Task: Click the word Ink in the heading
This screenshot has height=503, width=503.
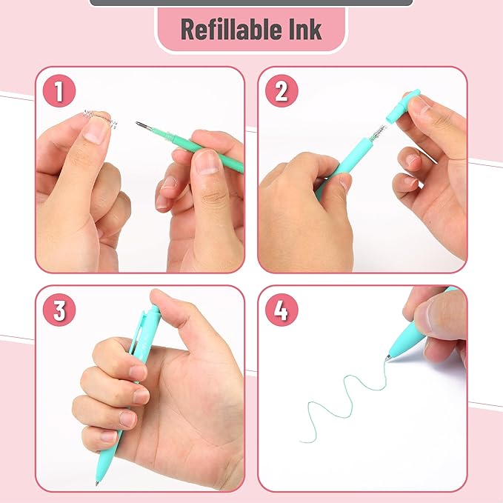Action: click(x=304, y=30)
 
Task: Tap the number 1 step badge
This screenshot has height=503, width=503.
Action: click(x=59, y=92)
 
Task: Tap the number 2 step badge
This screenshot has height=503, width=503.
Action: click(x=281, y=92)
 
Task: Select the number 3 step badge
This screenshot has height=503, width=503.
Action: click(x=59, y=310)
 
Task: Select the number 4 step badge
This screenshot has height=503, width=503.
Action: click(x=281, y=310)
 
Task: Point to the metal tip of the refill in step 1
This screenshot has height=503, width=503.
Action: click(x=141, y=125)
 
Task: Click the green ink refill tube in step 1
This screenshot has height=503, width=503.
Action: click(x=207, y=151)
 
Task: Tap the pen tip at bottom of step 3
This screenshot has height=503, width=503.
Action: click(x=98, y=482)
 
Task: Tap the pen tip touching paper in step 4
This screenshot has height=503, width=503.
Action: click(x=387, y=359)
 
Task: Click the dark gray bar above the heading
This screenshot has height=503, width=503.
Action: click(x=250, y=3)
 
